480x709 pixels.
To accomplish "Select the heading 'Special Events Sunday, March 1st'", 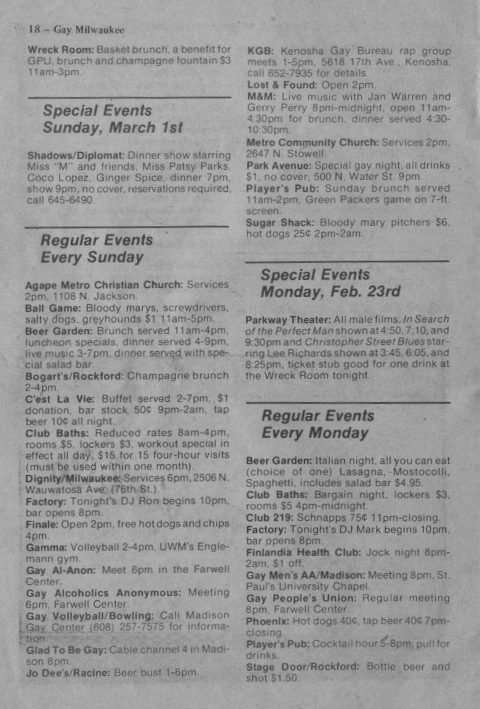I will [112, 119].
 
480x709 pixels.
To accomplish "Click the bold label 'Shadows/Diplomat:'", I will [76, 155].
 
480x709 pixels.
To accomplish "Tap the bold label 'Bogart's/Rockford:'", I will [75, 376].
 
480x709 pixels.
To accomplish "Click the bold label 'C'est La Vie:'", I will [60, 398].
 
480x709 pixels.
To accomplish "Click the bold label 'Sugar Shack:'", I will [281, 223].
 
